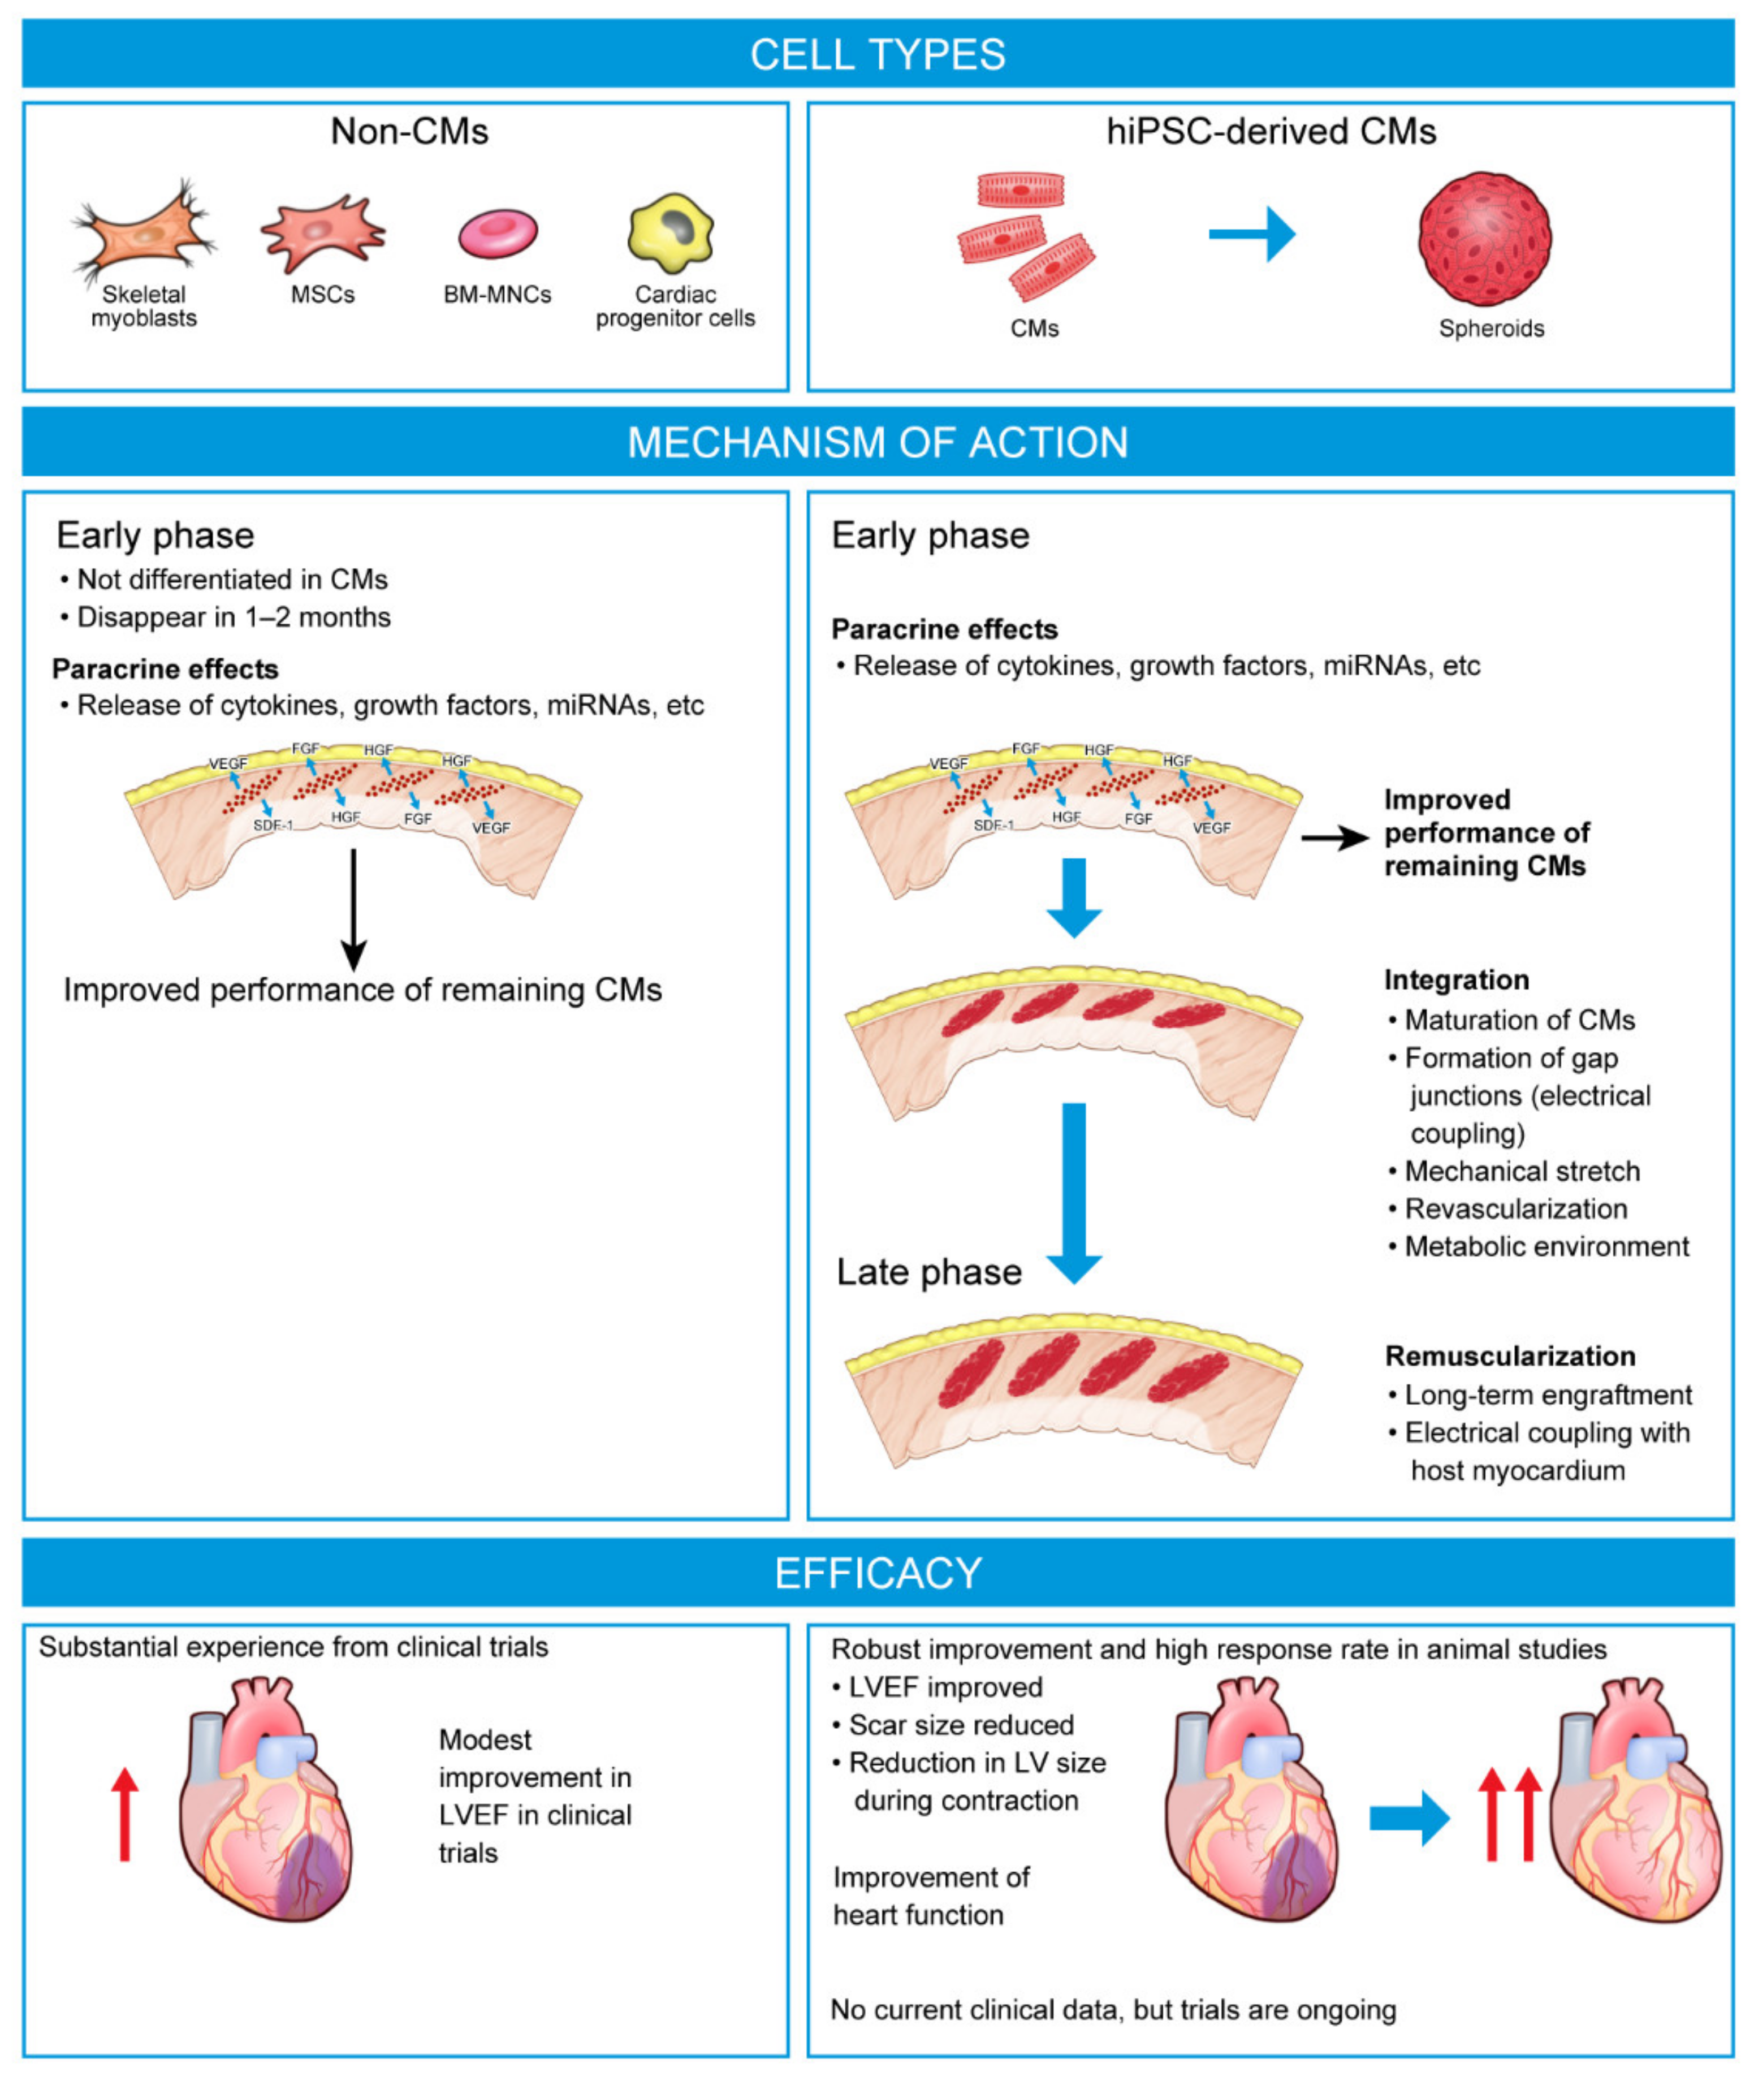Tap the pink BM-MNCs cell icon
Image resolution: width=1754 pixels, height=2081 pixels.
click(x=497, y=232)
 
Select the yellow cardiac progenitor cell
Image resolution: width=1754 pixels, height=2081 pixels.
click(x=672, y=232)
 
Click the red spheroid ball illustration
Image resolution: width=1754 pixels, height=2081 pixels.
click(x=1484, y=239)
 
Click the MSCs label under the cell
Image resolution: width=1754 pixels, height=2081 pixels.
click(x=322, y=294)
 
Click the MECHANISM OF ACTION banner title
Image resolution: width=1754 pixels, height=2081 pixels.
click(x=877, y=442)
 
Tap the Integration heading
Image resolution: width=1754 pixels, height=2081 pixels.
click(x=1455, y=979)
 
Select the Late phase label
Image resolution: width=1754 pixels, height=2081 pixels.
click(x=928, y=1272)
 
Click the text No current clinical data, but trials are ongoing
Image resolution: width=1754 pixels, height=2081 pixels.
click(x=1113, y=2009)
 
